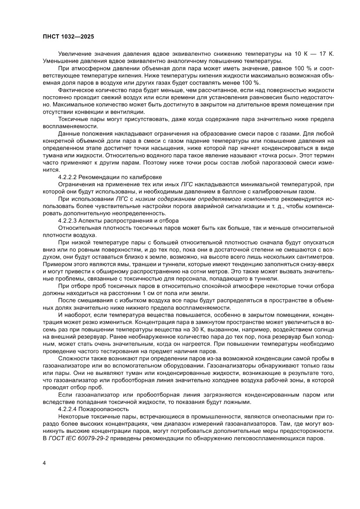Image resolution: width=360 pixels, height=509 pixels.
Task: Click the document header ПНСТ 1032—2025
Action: click(x=69, y=37)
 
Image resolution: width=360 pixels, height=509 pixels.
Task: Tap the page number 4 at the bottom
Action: click(x=44, y=462)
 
